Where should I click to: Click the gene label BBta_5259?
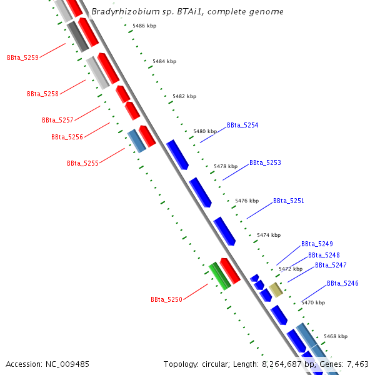pos(22,57)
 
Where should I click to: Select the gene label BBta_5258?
pos(42,94)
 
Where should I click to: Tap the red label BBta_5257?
pos(57,120)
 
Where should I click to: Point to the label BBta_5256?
pos(67,137)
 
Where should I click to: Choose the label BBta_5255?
pos(82,163)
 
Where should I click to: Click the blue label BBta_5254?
pos(242,125)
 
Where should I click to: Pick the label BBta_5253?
pos(265,162)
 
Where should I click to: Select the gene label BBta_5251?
pos(289,201)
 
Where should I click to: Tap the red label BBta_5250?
pos(166,300)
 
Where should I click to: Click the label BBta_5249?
pos(317,244)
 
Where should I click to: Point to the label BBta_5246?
pos(342,284)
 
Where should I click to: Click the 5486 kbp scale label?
pos(144,26)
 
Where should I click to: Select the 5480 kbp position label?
pos(205,131)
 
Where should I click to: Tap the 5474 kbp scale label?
pos(269,235)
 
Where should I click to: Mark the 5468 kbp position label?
pos(335,336)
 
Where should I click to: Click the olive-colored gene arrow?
pos(276,289)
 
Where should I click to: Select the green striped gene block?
pos(219,276)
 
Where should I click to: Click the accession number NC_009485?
pos(68,364)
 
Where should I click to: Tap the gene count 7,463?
pos(356,364)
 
